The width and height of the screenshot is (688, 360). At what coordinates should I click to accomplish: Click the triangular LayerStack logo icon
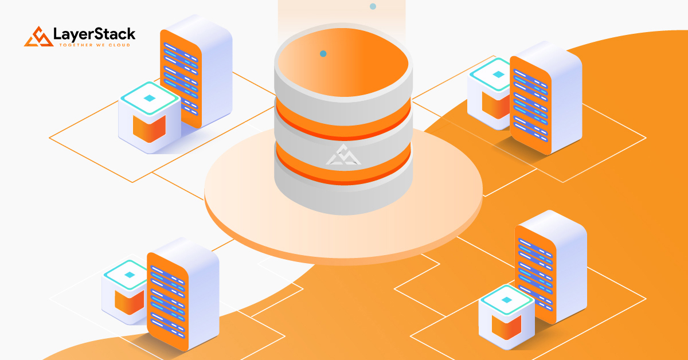(x=38, y=37)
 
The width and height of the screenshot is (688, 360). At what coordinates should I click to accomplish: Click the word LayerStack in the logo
(x=94, y=34)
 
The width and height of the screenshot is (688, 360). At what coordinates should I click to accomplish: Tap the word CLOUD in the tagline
(x=119, y=45)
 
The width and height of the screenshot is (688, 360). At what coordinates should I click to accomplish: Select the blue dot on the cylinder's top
(x=323, y=54)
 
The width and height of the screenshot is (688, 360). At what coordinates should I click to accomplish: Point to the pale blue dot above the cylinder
(x=373, y=6)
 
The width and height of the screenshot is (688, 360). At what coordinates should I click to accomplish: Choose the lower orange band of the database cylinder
(x=343, y=166)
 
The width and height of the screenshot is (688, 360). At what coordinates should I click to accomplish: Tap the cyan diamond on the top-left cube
(x=150, y=98)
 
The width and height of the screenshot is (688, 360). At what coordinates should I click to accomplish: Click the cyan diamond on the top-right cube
(x=498, y=74)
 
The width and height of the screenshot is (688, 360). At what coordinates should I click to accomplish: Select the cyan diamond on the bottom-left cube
(x=130, y=275)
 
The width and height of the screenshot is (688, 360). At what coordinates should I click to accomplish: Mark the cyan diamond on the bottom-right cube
(x=506, y=300)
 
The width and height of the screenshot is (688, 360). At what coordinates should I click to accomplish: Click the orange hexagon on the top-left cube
(x=149, y=129)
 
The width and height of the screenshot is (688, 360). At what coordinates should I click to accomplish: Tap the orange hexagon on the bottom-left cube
(x=130, y=302)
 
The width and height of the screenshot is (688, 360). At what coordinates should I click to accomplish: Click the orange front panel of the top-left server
(x=181, y=79)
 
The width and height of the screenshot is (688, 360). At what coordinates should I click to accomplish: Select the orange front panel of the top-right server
(x=530, y=105)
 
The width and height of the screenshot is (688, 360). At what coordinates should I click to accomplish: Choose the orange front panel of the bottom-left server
(x=167, y=302)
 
